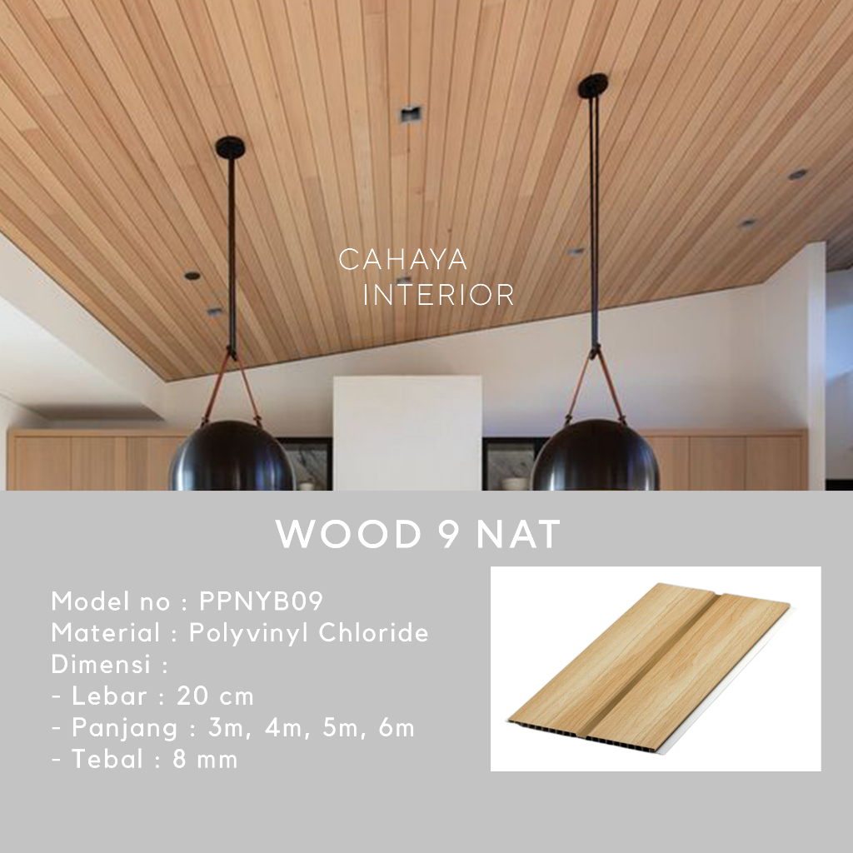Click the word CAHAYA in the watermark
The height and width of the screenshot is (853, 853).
click(x=402, y=260)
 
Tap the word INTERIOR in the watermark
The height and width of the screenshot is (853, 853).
click(x=439, y=295)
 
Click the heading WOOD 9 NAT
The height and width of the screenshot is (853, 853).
click(x=418, y=536)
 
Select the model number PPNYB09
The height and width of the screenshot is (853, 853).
click(x=261, y=601)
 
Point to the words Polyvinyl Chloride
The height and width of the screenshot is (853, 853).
click(x=309, y=633)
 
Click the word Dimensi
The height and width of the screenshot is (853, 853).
click(x=102, y=665)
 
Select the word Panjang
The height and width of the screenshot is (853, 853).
click(x=125, y=727)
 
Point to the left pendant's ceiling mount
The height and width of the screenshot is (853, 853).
click(x=230, y=147)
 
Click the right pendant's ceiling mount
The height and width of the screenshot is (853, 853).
click(x=592, y=84)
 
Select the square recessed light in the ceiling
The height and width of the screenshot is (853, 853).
click(x=410, y=114)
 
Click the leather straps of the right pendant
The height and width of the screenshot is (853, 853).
click(x=596, y=383)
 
